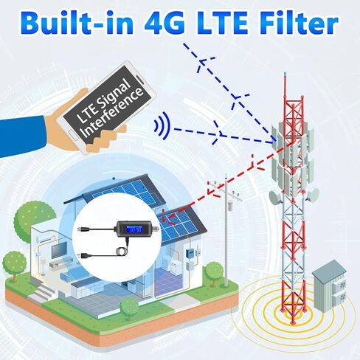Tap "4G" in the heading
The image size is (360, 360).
(x=164, y=24)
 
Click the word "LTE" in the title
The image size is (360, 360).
(x=223, y=24)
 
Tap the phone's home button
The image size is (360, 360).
(x=73, y=134)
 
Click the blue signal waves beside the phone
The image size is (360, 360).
(x=162, y=125)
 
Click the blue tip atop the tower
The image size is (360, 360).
(x=285, y=73)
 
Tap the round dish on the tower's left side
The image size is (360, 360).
(x=276, y=198)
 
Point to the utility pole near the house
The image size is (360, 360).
(x=226, y=230)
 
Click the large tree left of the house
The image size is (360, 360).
(x=35, y=217)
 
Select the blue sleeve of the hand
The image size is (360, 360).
(x=24, y=136)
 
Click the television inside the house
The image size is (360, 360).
(x=59, y=250)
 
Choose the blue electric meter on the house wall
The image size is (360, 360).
(x=190, y=253)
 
